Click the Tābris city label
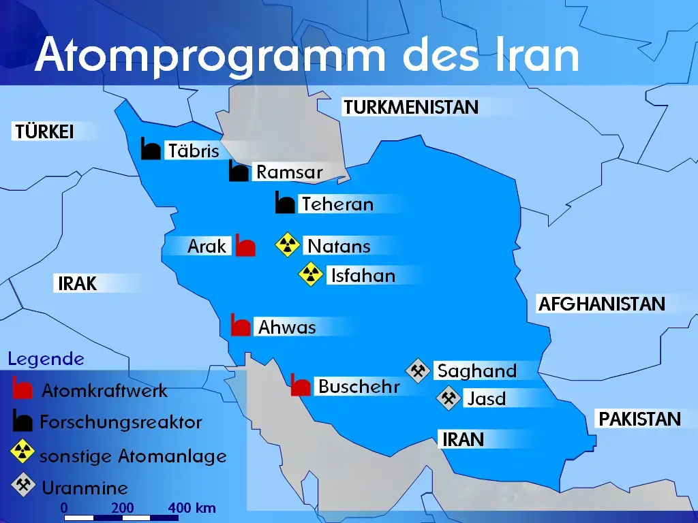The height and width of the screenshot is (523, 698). (x=194, y=150)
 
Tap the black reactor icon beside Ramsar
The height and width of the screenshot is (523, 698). (x=239, y=172)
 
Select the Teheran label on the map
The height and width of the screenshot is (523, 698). (x=337, y=204)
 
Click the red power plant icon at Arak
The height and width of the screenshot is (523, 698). (x=245, y=245)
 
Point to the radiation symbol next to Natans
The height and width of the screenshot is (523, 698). (x=288, y=245)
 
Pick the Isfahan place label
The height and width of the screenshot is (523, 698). (x=363, y=275)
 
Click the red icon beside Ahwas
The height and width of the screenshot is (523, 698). (x=241, y=326)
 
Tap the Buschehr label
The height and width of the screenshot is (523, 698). (x=359, y=387)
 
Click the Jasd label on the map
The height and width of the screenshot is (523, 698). (x=486, y=398)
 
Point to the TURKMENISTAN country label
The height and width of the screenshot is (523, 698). (x=411, y=107)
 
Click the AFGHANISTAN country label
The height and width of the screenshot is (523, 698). (x=601, y=304)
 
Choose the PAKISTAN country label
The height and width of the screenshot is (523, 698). (x=639, y=419)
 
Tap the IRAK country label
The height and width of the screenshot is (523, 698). (x=78, y=283)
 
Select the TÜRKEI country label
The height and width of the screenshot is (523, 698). (x=44, y=131)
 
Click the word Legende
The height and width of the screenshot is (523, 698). (x=46, y=359)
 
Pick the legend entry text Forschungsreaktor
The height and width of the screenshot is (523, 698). (x=121, y=422)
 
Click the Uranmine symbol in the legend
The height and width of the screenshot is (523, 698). (x=23, y=486)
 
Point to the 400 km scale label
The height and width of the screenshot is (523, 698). (x=192, y=507)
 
